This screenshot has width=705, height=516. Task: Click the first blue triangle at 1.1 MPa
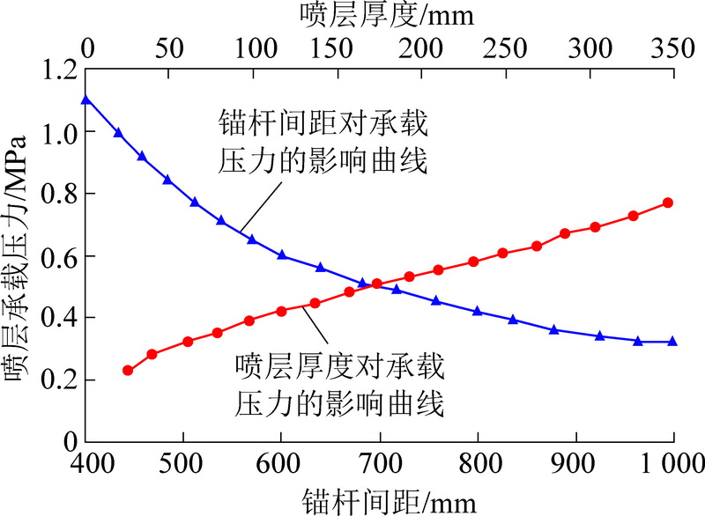85,100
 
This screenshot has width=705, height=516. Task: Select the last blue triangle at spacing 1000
672,341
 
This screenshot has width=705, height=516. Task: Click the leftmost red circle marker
127,371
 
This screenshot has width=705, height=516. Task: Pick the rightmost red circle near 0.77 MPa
668,203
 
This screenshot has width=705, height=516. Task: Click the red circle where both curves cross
377,284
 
